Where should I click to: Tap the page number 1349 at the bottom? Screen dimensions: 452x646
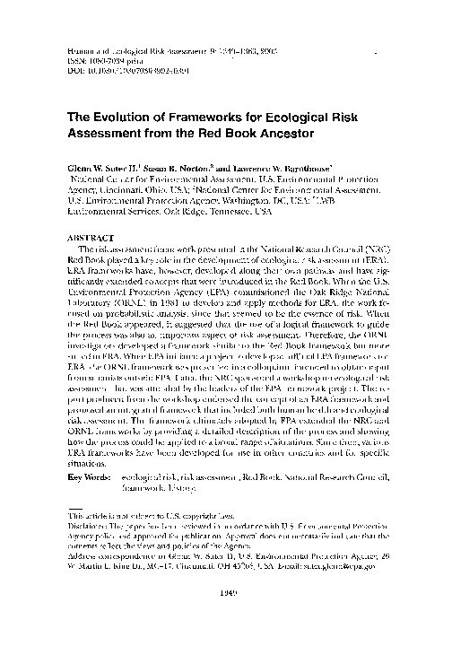(226, 622)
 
